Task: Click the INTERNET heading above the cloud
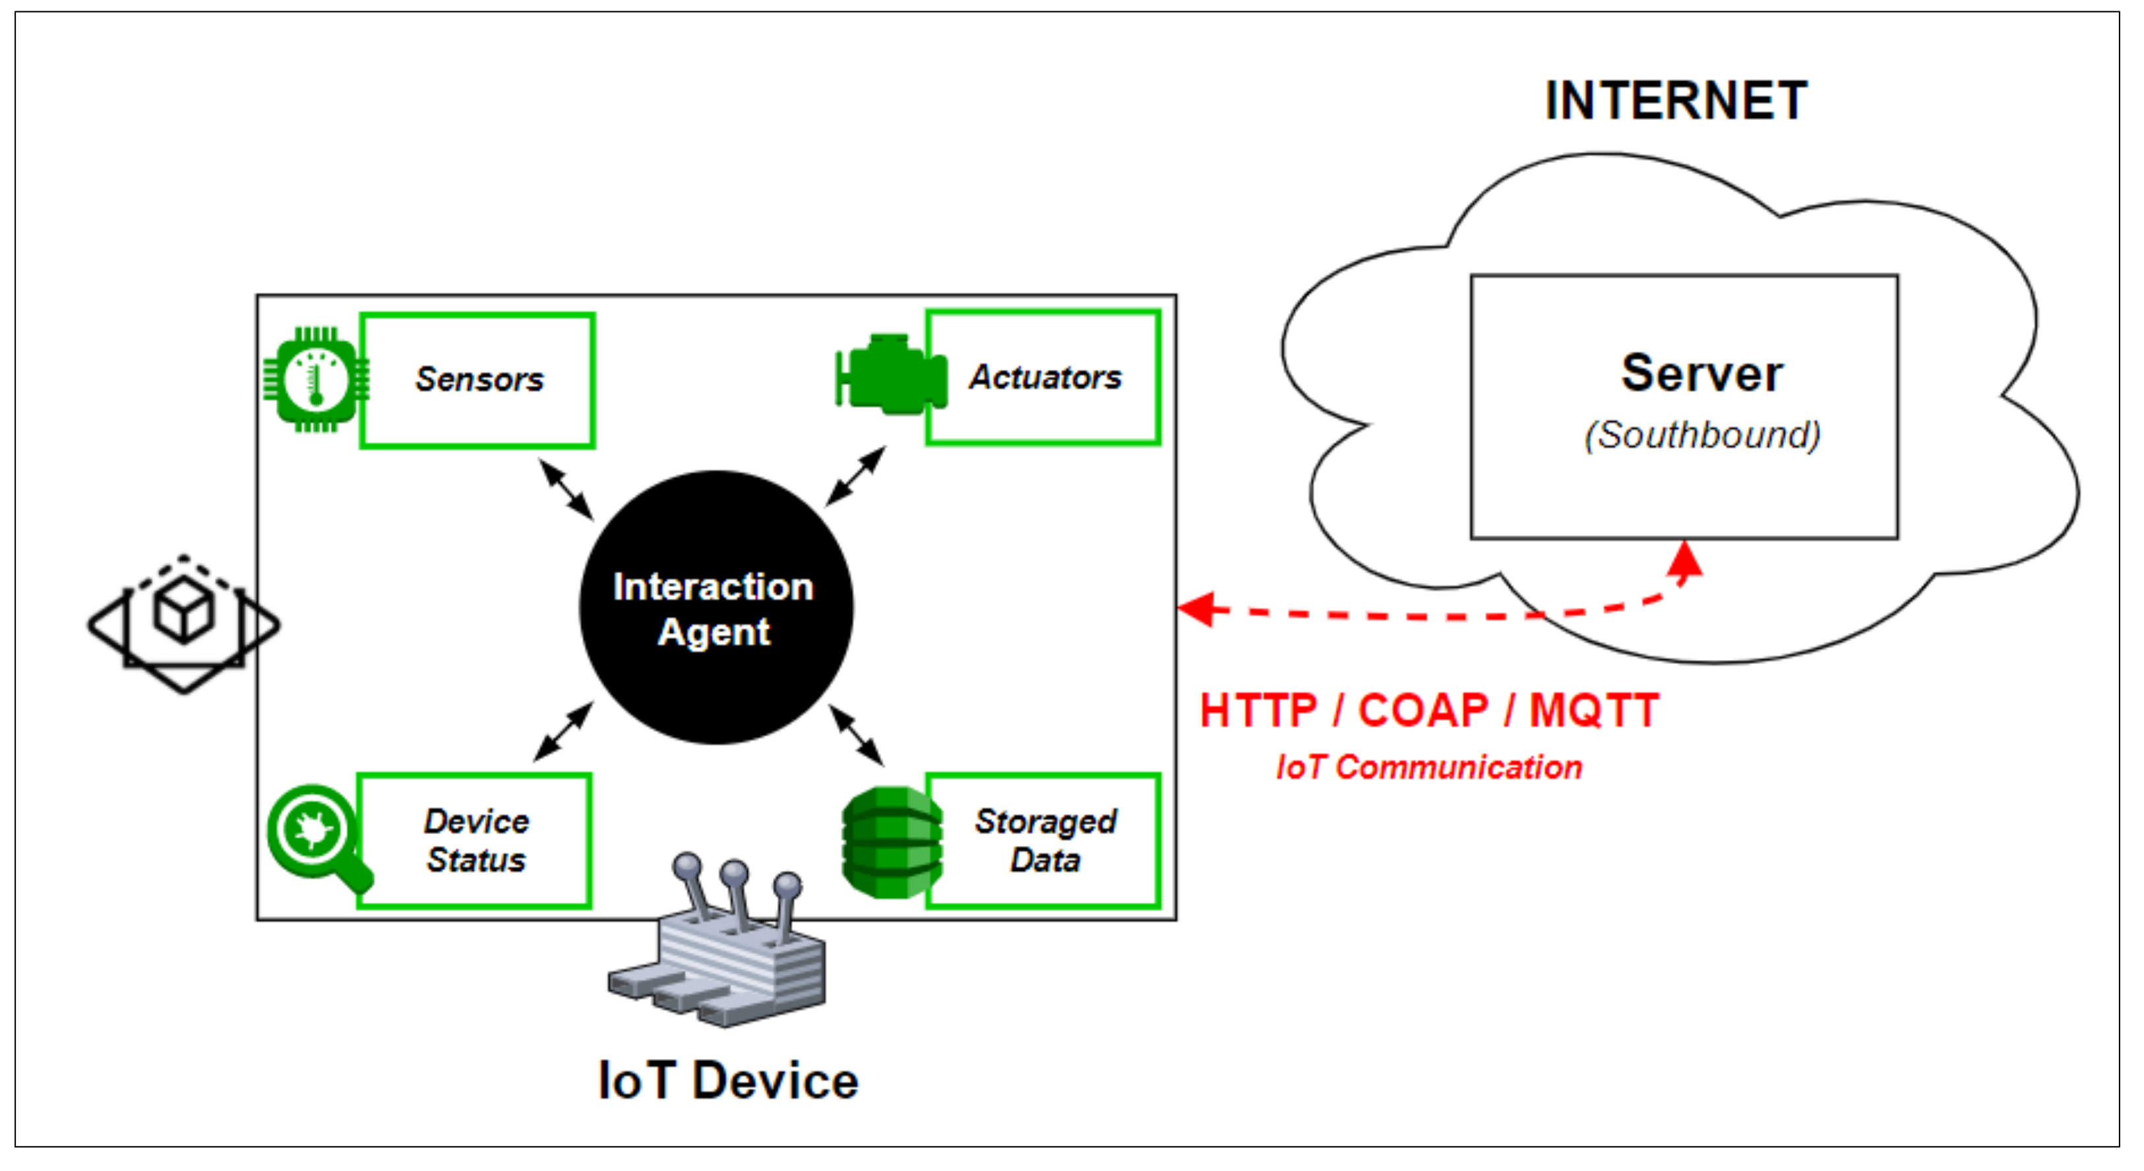point(1674,102)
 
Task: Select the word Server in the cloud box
point(1701,374)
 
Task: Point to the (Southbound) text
point(1702,435)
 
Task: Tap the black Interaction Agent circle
point(716,607)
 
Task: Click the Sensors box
point(477,380)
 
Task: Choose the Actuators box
point(1044,378)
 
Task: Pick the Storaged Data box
point(1045,841)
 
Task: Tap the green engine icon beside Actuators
point(890,375)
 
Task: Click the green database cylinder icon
point(892,842)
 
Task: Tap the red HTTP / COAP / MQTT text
point(1428,711)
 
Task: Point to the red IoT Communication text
point(1428,767)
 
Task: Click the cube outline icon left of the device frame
point(183,624)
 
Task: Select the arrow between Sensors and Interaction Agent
point(566,489)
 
